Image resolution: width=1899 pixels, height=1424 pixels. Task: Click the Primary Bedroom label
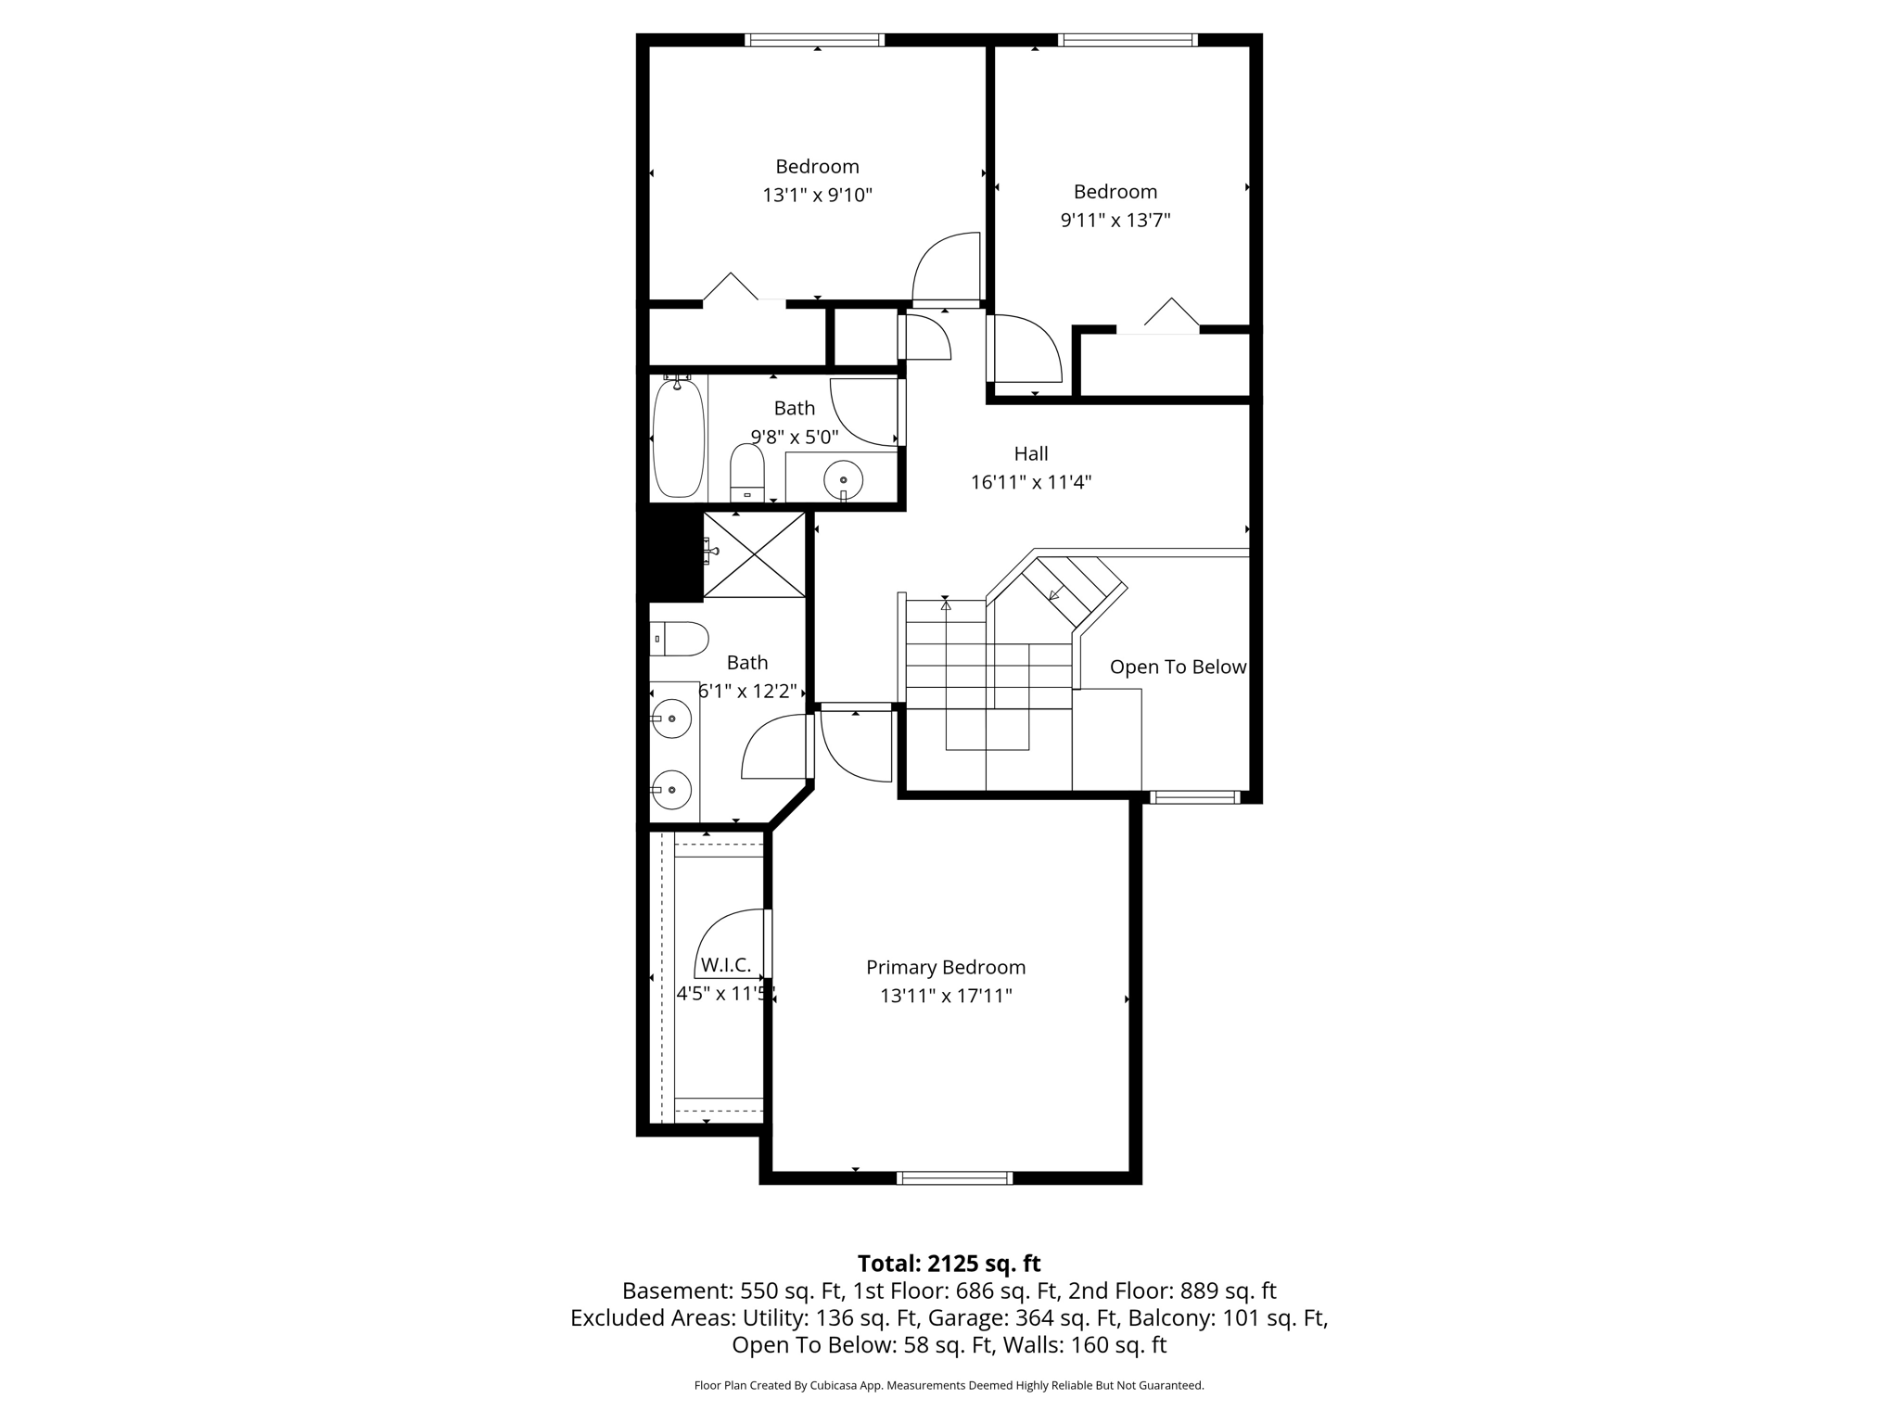pyautogui.click(x=945, y=967)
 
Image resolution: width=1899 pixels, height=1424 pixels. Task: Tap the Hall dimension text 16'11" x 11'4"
pyautogui.click(x=1030, y=482)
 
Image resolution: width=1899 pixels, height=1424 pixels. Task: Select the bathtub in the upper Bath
pyautogui.click(x=678, y=438)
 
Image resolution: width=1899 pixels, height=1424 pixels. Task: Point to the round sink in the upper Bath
pyautogui.click(x=843, y=479)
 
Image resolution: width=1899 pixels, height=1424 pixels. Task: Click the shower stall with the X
pyautogui.click(x=754, y=554)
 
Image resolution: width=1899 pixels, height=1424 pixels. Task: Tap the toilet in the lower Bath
pyautogui.click(x=679, y=639)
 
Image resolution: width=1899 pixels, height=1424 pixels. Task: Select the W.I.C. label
pyautogui.click(x=725, y=965)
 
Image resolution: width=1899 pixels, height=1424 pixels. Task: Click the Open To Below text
pyautogui.click(x=1177, y=667)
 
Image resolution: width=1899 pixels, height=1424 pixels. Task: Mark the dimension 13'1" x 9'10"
pyautogui.click(x=817, y=195)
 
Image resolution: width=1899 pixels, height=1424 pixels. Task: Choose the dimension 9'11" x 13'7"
pyautogui.click(x=1115, y=221)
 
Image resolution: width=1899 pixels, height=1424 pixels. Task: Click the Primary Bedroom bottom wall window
pyautogui.click(x=954, y=1178)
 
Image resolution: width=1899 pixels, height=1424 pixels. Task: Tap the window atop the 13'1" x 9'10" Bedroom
pyautogui.click(x=814, y=40)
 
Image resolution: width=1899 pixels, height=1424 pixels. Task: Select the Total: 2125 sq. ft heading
pyautogui.click(x=949, y=1264)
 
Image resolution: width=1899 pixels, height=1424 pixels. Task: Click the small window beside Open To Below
pyautogui.click(x=1194, y=797)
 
